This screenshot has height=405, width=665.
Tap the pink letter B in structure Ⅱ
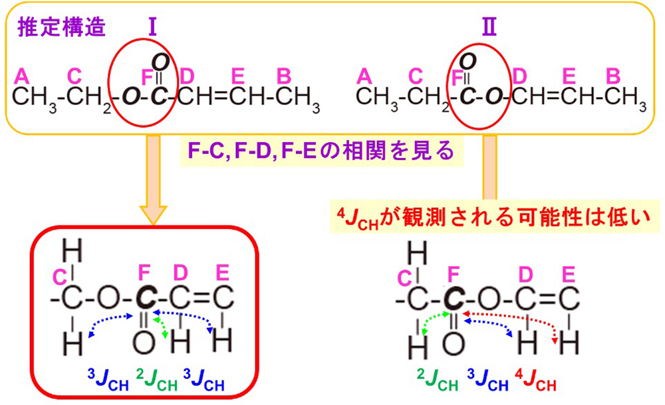click(614, 76)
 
